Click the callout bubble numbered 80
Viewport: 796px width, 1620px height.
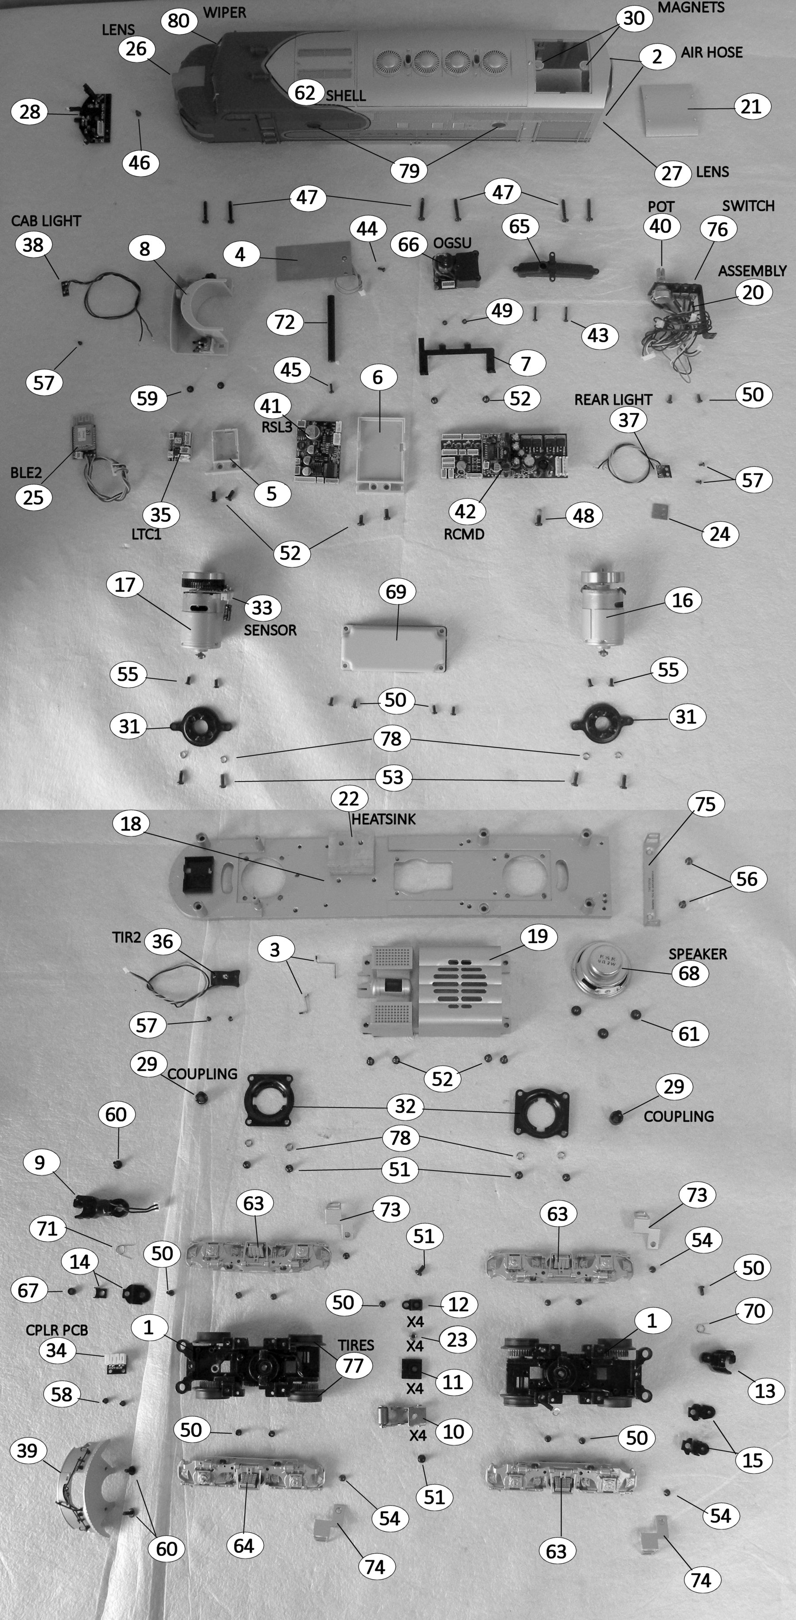point(179,21)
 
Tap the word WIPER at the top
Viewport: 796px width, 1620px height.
point(224,12)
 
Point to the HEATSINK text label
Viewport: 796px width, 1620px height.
point(384,820)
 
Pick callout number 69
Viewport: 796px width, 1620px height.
point(396,592)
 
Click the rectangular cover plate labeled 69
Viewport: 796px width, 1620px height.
point(394,648)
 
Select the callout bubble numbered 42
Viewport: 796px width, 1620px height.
point(465,511)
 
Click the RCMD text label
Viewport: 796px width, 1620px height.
point(464,534)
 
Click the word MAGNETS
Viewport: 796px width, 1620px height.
point(691,8)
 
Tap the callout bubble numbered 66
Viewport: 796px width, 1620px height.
point(409,244)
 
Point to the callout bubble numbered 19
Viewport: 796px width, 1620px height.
point(537,936)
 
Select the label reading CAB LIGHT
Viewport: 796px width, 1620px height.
point(46,221)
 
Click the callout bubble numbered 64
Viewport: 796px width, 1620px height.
point(244,1545)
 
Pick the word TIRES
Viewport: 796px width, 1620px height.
point(356,1345)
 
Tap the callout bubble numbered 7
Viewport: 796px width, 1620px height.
point(526,363)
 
